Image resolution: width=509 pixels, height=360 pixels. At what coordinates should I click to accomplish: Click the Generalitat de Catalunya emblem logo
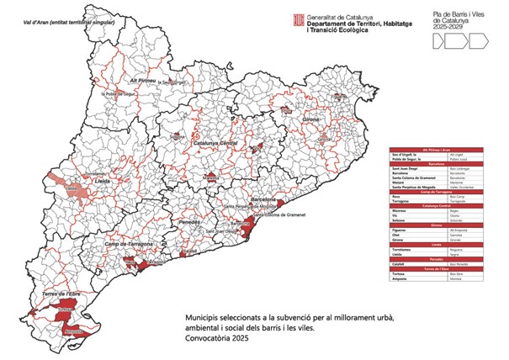[297, 19]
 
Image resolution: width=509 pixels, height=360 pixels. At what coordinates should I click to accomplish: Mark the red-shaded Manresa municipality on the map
[212, 177]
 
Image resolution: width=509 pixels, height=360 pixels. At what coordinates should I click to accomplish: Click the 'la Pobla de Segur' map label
[119, 94]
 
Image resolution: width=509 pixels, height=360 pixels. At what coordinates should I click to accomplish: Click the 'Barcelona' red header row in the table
[437, 165]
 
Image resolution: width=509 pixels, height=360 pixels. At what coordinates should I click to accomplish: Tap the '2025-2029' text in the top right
[450, 28]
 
